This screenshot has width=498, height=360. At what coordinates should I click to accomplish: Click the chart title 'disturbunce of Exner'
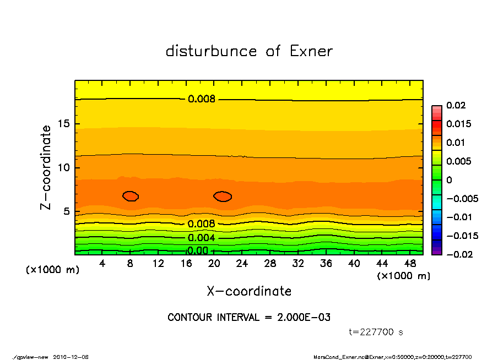point(249,51)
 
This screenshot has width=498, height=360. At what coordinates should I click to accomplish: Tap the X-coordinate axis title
point(249,291)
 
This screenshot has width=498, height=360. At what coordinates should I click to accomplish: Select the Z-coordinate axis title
point(46,167)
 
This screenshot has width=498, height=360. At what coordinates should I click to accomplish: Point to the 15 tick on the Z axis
point(64,124)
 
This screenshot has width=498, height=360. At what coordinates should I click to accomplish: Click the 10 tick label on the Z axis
point(64,167)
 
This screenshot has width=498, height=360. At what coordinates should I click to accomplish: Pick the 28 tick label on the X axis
point(270,264)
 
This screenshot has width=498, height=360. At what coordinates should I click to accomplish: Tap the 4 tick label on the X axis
point(102,264)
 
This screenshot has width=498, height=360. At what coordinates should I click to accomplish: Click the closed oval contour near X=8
point(131,196)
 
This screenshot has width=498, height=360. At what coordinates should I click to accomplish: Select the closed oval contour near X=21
point(223,196)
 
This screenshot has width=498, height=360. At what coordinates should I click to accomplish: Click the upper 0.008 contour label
point(202,100)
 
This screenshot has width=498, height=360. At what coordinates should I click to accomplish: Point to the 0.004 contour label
point(202,238)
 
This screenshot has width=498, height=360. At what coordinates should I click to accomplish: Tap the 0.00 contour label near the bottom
point(198,251)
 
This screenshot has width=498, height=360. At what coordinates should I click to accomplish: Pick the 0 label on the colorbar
point(449,180)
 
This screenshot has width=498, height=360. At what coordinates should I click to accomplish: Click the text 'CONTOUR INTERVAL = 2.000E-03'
point(249,318)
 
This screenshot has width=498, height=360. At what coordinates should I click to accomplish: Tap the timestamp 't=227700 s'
point(376,332)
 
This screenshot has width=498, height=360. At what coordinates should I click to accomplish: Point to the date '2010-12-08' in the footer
point(71,357)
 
